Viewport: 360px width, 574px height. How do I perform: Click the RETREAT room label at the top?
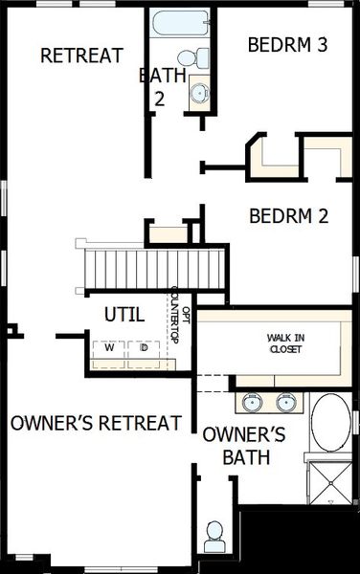click(81, 55)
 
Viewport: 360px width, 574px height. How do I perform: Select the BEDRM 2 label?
click(288, 216)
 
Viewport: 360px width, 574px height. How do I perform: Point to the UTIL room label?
click(124, 313)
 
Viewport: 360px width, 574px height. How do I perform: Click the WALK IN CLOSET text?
click(285, 343)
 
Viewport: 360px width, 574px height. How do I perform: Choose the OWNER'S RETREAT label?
click(96, 423)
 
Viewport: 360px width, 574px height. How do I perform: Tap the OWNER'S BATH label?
click(244, 445)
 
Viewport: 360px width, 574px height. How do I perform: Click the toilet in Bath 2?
click(199, 56)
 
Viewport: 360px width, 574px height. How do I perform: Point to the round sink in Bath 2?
click(199, 93)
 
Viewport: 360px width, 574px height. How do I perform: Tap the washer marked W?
click(109, 348)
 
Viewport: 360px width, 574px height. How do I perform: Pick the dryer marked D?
click(144, 348)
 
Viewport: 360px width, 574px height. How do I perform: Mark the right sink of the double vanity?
click(284, 401)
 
